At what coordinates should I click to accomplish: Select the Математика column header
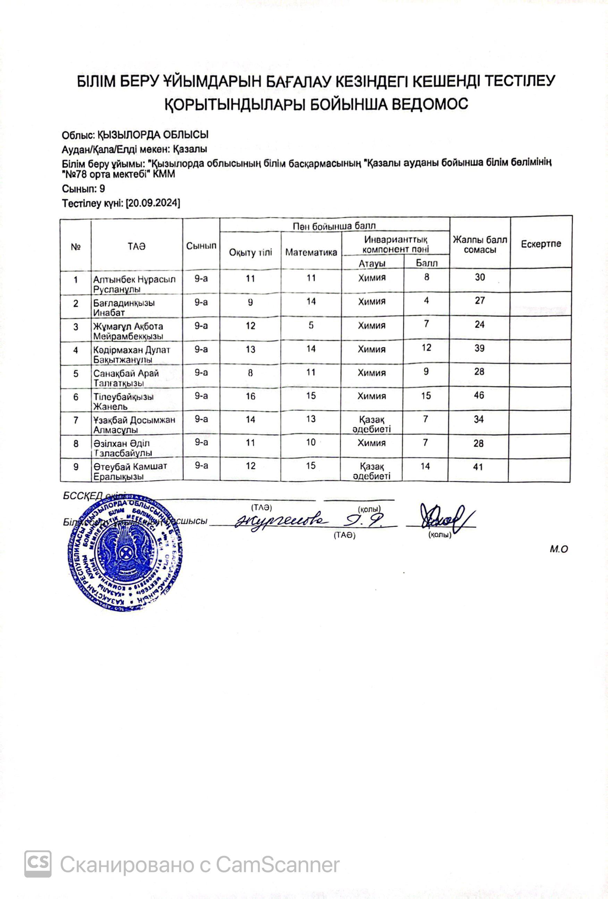coord(311,252)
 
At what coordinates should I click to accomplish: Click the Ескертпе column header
coord(541,244)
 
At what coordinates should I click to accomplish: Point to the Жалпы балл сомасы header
coord(480,245)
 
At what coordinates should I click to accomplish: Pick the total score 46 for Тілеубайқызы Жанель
coord(479,395)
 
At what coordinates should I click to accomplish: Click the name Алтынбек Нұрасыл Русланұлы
coord(134,284)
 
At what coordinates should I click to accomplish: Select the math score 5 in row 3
coord(311,325)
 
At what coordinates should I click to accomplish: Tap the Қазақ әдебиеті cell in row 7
coord(372,424)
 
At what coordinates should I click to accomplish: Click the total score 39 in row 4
coord(479,348)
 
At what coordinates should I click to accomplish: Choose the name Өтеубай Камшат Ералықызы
coord(130,471)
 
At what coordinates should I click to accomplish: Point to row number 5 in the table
coord(76,374)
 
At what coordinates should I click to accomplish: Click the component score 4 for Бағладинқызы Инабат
coord(426,301)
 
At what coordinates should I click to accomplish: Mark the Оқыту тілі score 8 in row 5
coord(251,373)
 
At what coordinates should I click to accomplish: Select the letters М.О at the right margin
coord(558,549)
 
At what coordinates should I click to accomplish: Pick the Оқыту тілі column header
coord(251,252)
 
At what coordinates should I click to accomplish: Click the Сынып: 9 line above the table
coord(84,189)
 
